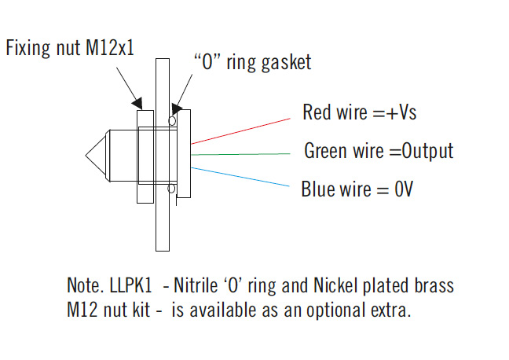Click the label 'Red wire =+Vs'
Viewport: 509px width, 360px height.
tap(359, 112)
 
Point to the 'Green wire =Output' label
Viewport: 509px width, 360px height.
tap(378, 150)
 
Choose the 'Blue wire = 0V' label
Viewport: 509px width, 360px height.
tap(357, 189)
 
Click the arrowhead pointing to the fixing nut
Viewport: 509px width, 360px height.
tap(138, 103)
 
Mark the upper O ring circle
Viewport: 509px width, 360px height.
tap(173, 120)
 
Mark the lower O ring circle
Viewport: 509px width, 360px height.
tap(173, 188)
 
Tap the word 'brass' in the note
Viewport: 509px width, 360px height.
tap(438, 283)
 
